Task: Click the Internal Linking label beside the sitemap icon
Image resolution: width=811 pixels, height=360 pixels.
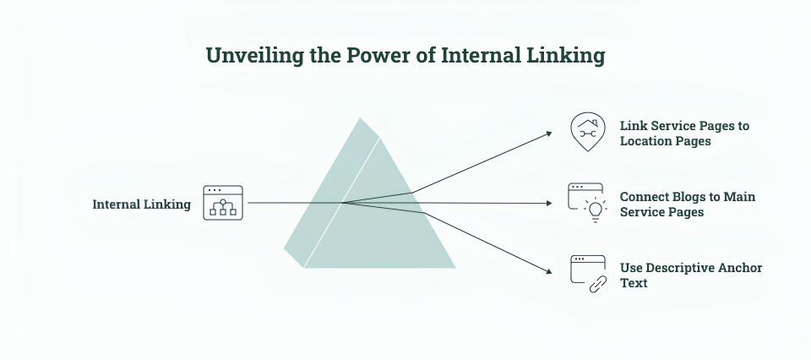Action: coord(141,205)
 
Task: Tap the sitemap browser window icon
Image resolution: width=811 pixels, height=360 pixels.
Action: coord(223,203)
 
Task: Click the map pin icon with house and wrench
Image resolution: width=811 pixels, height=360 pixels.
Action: coord(588,132)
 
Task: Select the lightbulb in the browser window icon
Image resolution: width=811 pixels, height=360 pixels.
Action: coord(596,210)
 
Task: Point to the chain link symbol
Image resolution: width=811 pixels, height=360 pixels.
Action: coord(598,283)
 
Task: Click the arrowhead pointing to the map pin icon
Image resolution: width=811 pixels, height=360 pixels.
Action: coord(549,134)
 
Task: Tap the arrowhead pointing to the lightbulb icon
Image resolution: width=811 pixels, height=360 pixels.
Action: coord(549,204)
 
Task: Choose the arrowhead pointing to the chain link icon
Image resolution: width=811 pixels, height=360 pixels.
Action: coord(549,270)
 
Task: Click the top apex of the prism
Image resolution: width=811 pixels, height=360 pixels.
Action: coord(360,118)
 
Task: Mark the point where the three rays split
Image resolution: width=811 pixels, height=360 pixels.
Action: coord(342,203)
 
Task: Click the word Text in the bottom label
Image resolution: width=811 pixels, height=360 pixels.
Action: coord(634,283)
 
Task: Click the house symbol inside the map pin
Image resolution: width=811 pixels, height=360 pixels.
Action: coord(588,124)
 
